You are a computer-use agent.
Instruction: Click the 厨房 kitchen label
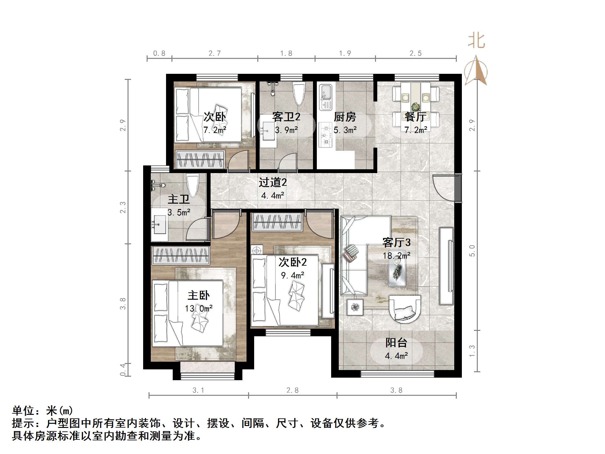tap(345, 117)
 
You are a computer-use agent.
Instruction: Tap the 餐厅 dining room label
tap(415, 117)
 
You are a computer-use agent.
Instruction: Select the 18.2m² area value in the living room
tap(396, 255)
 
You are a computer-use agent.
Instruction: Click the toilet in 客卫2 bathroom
tap(299, 94)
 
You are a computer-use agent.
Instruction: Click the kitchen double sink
tap(325, 97)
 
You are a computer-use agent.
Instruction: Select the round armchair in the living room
tap(405, 309)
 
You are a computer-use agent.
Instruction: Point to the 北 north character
tap(476, 41)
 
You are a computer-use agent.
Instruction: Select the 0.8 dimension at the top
tap(159, 53)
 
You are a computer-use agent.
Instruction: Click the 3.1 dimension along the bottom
tap(198, 390)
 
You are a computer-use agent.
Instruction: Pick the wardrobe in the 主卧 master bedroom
tap(180, 255)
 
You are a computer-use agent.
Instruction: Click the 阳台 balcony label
tap(396, 343)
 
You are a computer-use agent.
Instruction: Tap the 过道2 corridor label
tap(273, 182)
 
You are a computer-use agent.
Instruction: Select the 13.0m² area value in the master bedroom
tap(198, 309)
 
